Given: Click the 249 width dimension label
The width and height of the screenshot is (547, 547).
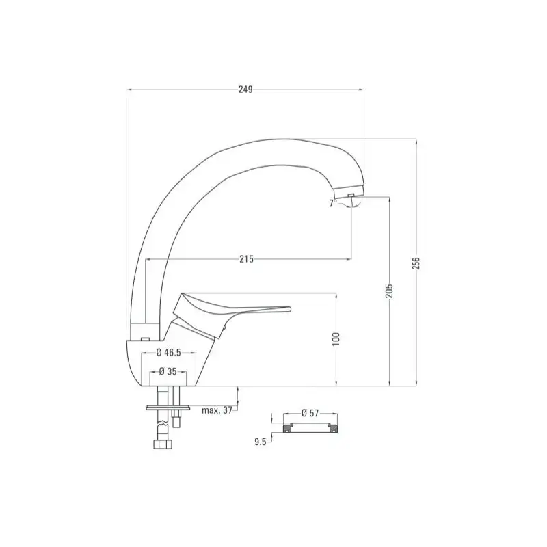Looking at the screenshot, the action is pyautogui.click(x=245, y=90).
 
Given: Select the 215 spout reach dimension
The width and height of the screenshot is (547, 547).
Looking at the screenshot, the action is pyautogui.click(x=246, y=259).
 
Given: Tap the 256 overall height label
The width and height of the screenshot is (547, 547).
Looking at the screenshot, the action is pyautogui.click(x=416, y=263).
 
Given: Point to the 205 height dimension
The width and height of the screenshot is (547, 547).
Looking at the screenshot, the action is pyautogui.click(x=389, y=291).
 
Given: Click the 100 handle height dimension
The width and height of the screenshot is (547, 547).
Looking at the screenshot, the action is pyautogui.click(x=336, y=338).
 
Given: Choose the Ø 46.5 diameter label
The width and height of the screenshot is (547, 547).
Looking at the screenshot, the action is pyautogui.click(x=168, y=353).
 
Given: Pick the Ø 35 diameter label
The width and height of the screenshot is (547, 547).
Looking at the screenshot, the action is pyautogui.click(x=168, y=371).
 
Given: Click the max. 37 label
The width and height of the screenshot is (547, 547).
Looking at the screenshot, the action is pyautogui.click(x=217, y=410).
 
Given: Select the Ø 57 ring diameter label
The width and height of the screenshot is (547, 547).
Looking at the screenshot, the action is pyautogui.click(x=310, y=413).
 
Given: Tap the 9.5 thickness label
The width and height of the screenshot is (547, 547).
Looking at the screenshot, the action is pyautogui.click(x=261, y=442).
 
